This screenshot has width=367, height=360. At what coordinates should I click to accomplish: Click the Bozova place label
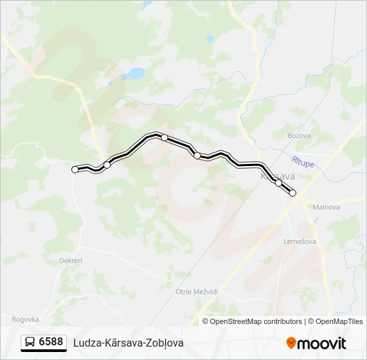click(299, 135)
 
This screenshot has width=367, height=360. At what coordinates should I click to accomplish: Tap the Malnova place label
click(326, 207)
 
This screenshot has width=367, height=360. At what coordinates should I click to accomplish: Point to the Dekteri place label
click(70, 261)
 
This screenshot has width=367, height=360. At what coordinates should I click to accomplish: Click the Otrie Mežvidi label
click(197, 292)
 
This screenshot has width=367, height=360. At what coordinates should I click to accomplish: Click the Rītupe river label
click(302, 162)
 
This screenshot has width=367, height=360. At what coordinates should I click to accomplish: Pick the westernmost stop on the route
click(75, 170)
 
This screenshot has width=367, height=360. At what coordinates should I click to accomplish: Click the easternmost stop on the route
click(292, 193)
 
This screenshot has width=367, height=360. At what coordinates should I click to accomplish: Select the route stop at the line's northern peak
click(164, 137)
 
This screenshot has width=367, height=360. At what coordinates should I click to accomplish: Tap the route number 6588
click(51, 342)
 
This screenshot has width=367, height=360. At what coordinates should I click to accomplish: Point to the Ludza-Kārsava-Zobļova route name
click(128, 343)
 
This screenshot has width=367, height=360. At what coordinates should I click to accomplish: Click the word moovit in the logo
click(322, 343)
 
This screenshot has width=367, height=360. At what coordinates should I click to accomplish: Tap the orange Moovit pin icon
click(291, 343)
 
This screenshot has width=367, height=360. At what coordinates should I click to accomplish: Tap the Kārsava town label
click(277, 176)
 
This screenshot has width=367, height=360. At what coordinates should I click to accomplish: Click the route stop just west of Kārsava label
click(198, 156)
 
